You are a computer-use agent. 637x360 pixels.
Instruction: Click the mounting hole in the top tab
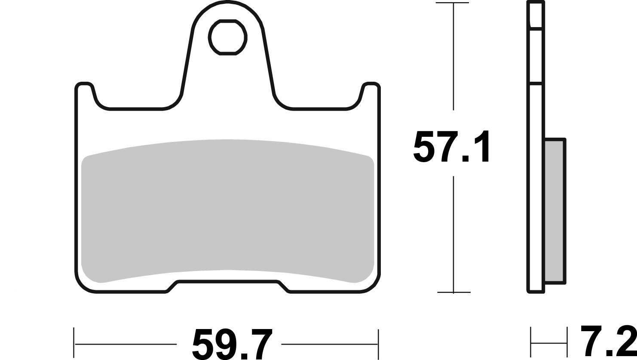(228, 37)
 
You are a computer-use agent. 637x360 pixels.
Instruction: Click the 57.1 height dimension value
(451, 147)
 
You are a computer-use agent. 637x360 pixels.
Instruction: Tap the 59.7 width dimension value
(232, 344)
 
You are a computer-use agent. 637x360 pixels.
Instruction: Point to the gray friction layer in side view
(554, 211)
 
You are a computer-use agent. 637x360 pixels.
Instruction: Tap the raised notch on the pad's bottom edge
(227, 284)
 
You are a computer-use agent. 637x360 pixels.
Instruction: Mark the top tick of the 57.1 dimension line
(453, 3)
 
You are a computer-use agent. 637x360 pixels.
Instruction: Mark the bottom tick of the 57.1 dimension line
(453, 292)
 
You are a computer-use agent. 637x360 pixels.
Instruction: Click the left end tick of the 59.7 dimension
(74, 344)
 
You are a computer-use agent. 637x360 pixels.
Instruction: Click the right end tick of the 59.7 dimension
(378, 344)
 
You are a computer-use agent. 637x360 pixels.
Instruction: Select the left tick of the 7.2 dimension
(531, 343)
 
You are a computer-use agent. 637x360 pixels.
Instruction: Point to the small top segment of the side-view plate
(536, 15)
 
